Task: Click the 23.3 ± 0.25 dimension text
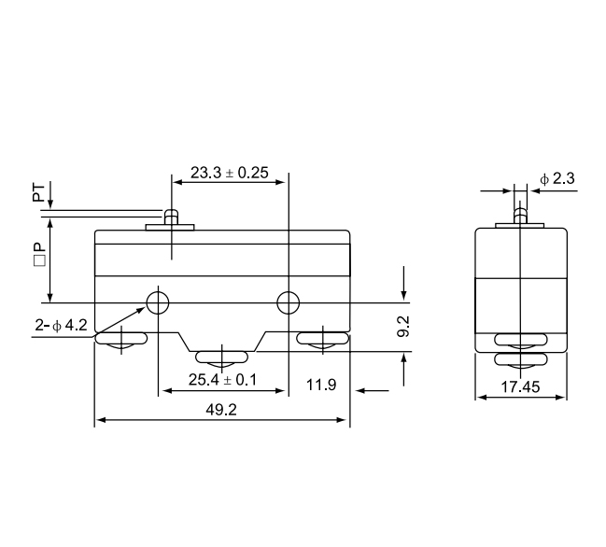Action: [x=230, y=172]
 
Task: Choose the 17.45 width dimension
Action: [x=520, y=386]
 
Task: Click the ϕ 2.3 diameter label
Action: [x=557, y=178]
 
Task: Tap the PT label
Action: [x=38, y=193]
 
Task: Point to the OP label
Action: [x=38, y=255]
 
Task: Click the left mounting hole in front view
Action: [x=158, y=302]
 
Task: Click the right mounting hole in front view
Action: [x=289, y=302]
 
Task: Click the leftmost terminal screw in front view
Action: [x=121, y=343]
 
